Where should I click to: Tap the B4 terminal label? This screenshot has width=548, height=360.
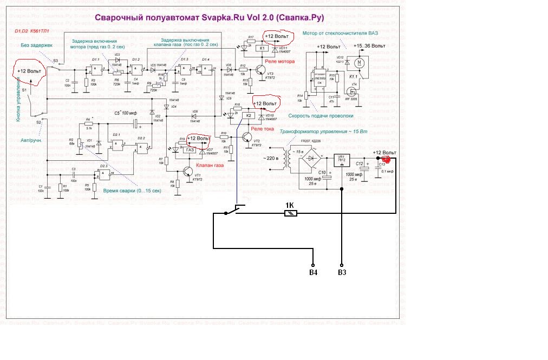pos(313,271)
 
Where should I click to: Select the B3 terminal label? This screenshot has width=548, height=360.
pos(342,271)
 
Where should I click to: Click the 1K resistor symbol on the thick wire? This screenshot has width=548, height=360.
pos(291,214)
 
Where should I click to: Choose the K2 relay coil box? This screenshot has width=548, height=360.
pos(250,115)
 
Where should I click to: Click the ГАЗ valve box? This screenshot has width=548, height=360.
pos(190,150)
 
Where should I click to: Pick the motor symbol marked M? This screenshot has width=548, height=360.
pos(357,63)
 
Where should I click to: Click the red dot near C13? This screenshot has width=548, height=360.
pos(386,159)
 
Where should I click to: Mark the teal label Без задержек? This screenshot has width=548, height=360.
pos(36,45)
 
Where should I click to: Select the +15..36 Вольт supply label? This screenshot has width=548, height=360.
pos(370,46)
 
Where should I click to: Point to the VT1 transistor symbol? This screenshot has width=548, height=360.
pos(188,172)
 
